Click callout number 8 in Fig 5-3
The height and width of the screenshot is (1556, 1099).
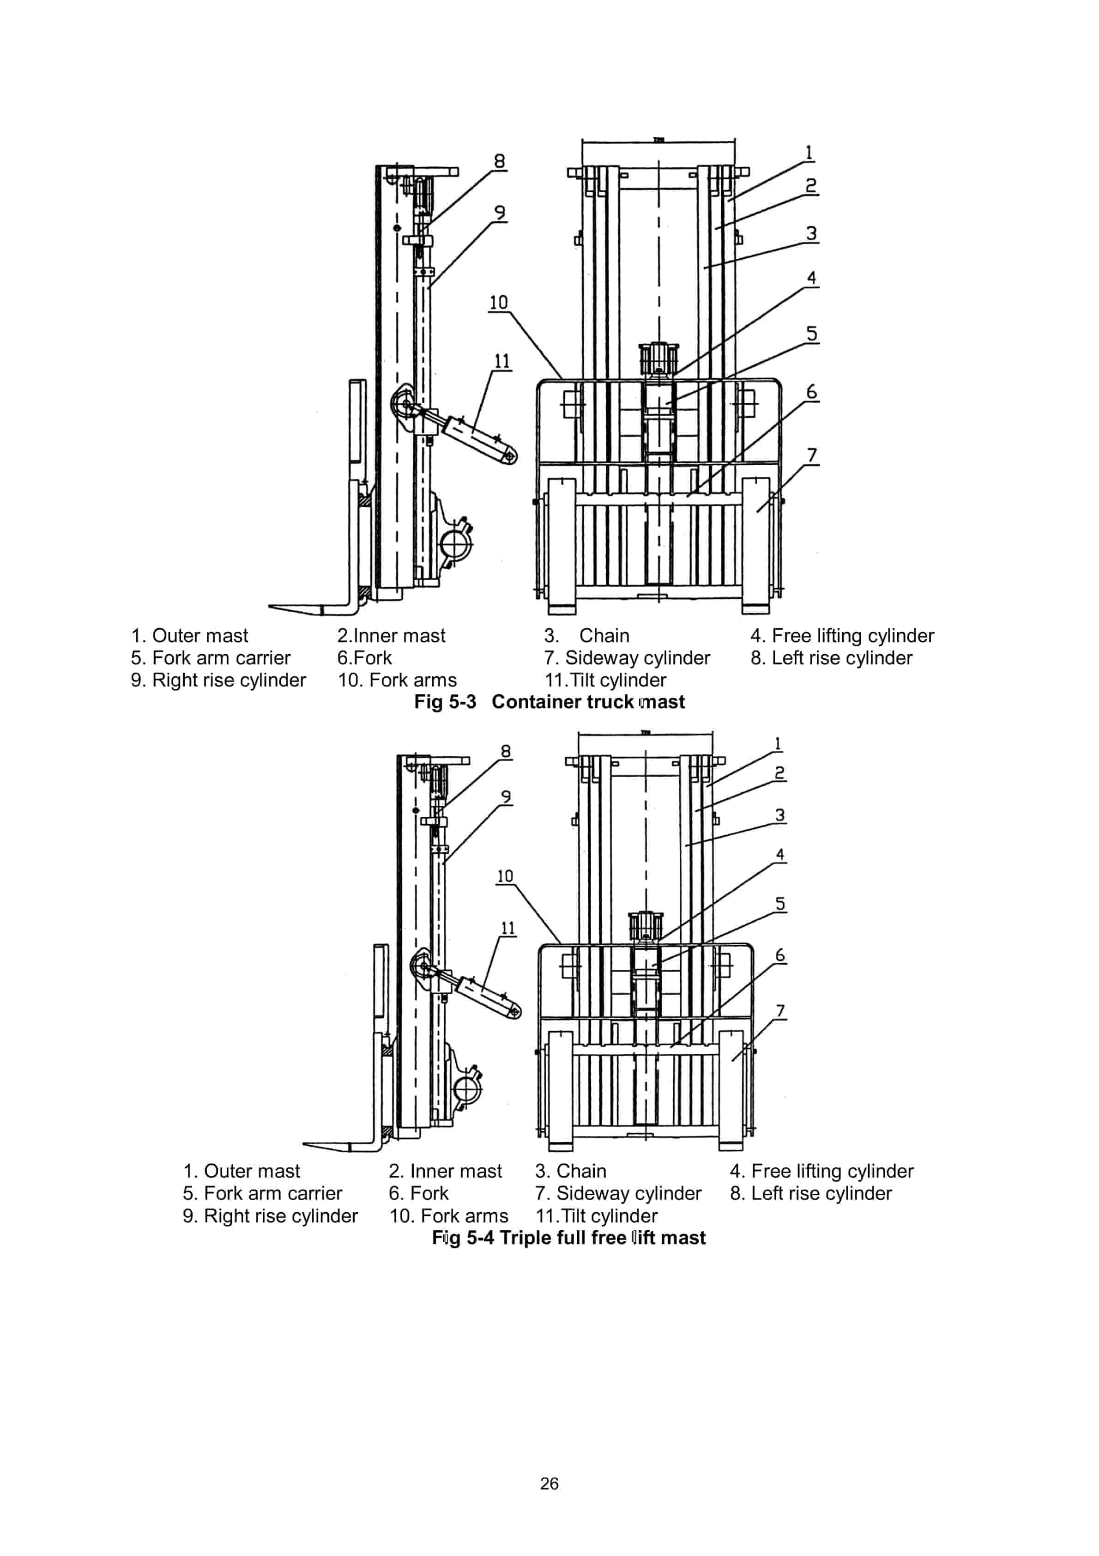(x=499, y=161)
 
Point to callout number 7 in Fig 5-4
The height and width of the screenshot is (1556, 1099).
(x=780, y=1010)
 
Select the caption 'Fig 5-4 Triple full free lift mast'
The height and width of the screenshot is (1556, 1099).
(x=568, y=1238)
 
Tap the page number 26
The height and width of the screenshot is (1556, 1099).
(x=549, y=1483)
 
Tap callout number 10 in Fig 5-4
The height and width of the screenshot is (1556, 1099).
(x=505, y=876)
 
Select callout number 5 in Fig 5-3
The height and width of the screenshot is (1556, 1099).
(x=811, y=334)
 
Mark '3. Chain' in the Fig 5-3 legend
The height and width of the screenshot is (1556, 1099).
(x=587, y=636)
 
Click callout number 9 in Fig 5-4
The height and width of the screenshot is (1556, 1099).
(x=506, y=796)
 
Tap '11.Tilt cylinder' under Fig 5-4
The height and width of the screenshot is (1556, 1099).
(x=596, y=1216)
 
